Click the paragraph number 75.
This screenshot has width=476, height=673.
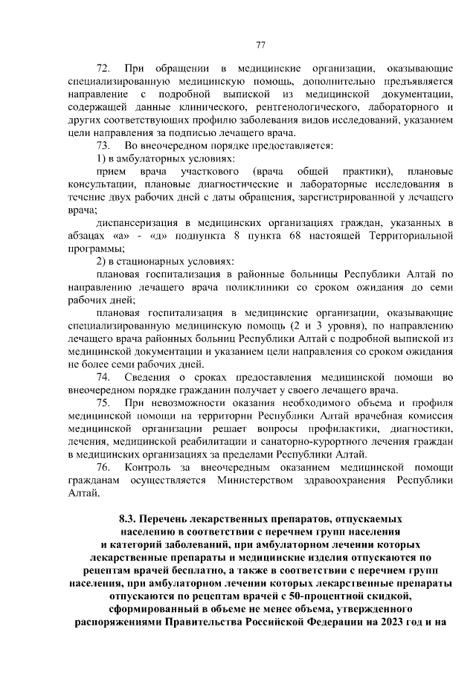[104, 403]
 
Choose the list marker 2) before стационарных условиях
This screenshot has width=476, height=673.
[103, 261]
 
